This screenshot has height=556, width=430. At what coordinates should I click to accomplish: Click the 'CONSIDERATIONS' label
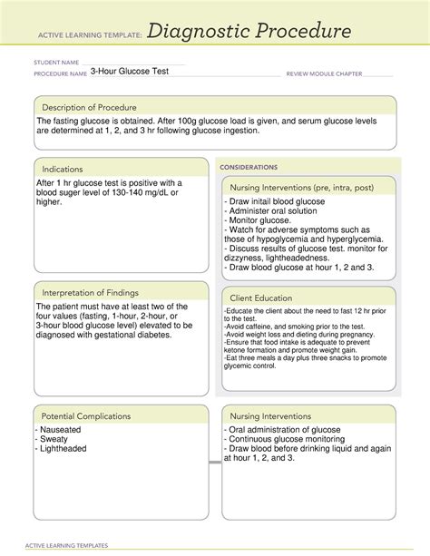[249, 167]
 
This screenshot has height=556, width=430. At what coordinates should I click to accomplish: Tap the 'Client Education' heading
[260, 297]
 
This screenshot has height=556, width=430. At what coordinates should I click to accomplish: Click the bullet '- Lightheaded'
[62, 448]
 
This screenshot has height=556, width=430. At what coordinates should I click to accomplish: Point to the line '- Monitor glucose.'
[262, 220]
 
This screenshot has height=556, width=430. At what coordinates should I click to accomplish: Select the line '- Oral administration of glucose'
[288, 429]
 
